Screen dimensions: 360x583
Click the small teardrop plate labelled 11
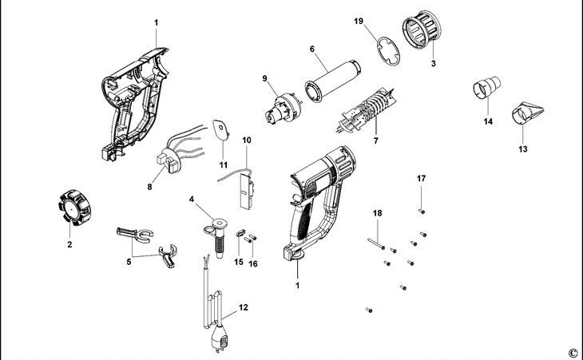click(x=219, y=130)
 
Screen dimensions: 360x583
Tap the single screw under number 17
click(x=421, y=211)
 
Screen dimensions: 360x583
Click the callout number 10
click(x=247, y=140)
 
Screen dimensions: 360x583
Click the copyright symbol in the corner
click(x=572, y=352)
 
